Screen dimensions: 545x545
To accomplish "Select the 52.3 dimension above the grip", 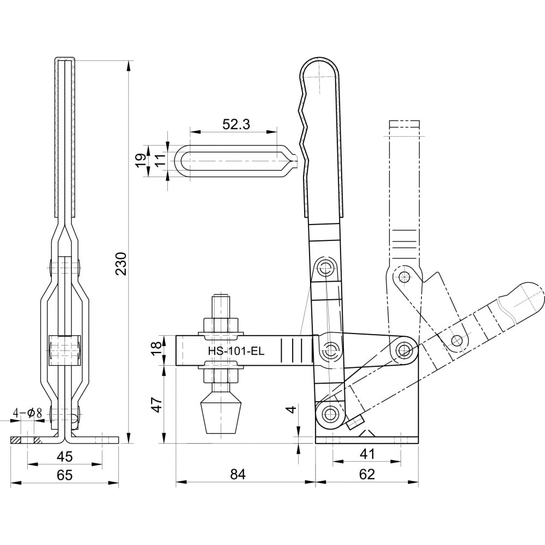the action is [x=236, y=124].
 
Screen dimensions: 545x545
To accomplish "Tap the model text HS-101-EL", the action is [x=237, y=351].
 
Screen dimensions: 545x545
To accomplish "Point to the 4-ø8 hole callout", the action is [x=27, y=413].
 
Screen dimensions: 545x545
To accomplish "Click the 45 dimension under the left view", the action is [x=65, y=456].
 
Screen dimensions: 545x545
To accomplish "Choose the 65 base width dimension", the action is [x=65, y=475].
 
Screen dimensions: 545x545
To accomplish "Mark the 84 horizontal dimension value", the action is [x=238, y=474].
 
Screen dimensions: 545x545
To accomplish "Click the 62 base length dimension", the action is [x=367, y=474].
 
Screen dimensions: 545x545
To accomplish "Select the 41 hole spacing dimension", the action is [x=367, y=454].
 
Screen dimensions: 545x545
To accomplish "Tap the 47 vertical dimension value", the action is [x=158, y=404].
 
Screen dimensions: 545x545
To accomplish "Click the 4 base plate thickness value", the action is [x=292, y=409].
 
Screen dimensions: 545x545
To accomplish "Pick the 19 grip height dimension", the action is [x=141, y=161].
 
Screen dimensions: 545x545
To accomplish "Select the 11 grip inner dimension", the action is [x=160, y=161].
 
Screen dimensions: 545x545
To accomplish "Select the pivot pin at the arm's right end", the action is [x=403, y=349].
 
